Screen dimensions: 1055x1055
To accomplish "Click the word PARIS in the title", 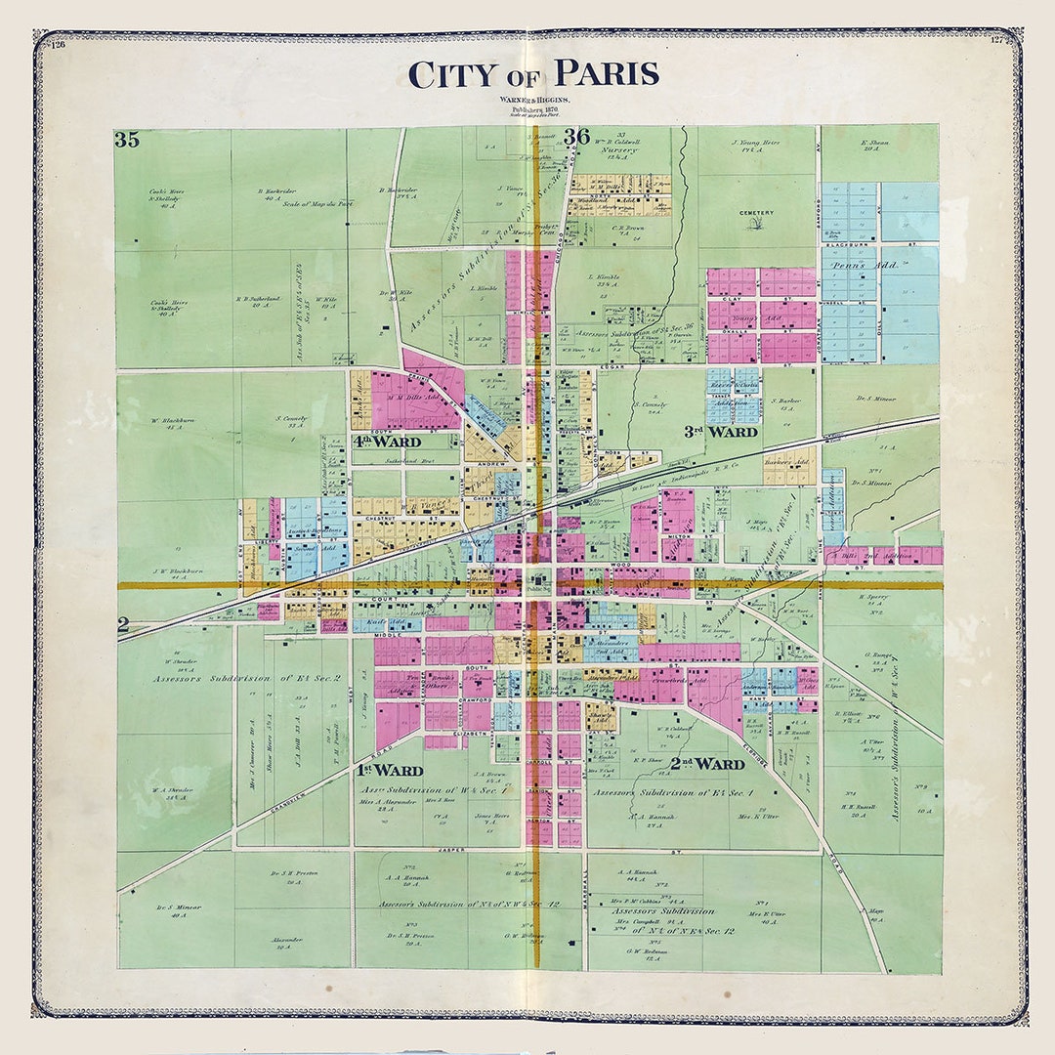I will click(x=605, y=74).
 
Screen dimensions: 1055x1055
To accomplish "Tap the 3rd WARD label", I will click(x=720, y=431).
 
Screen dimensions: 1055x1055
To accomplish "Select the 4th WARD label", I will click(x=387, y=442).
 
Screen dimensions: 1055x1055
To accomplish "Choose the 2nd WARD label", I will click(x=707, y=763).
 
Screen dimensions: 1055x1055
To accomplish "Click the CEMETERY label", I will click(x=756, y=213).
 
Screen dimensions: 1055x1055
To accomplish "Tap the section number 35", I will click(x=127, y=139).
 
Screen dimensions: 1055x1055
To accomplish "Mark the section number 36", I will click(x=576, y=137).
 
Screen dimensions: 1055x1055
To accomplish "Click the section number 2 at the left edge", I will click(x=123, y=625).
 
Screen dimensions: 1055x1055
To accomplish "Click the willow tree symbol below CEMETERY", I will click(x=756, y=225).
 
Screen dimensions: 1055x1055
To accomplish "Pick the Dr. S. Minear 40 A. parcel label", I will click(x=178, y=911).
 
